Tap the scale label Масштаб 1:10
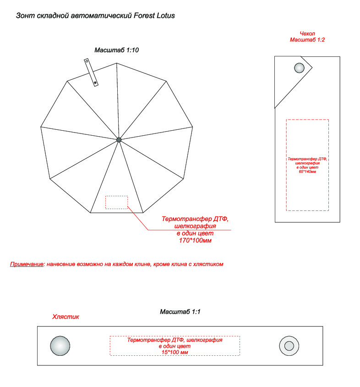click(116, 50)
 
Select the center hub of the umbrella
click(119, 139)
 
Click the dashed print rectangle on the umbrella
click(116, 202)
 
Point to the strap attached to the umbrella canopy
click(91, 72)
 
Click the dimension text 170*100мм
click(195, 240)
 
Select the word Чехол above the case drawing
click(307, 33)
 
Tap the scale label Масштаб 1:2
click(307, 40)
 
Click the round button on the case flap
click(299, 68)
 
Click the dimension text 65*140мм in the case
click(307, 171)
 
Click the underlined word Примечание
click(27, 265)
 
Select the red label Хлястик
click(65, 316)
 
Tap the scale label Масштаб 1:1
click(180, 312)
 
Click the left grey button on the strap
click(60, 346)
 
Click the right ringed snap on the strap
click(289, 346)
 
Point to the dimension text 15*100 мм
click(175, 352)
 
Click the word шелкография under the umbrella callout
click(195, 226)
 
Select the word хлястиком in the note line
click(208, 265)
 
